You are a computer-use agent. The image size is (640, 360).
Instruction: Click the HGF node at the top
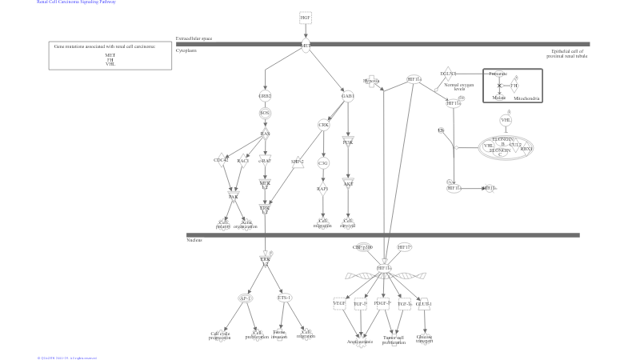(306, 17)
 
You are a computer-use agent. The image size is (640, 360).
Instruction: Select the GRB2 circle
(265, 96)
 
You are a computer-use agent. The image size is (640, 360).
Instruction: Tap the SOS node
(265, 113)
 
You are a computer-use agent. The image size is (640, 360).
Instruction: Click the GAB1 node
(347, 96)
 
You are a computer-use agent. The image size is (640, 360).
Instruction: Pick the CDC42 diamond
(221, 161)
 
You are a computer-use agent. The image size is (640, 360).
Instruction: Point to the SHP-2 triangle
(298, 162)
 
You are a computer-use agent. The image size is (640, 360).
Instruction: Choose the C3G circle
(323, 163)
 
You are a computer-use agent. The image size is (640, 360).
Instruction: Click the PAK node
(234, 196)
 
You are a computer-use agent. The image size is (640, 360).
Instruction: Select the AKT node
(348, 183)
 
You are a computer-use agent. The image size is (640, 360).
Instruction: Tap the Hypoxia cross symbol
(371, 81)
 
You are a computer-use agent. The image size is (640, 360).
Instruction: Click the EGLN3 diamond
(448, 74)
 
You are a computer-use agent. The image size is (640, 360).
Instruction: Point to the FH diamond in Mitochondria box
(514, 85)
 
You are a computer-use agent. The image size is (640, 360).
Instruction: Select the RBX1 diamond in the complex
(526, 149)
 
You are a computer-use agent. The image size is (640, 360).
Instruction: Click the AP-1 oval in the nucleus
(246, 298)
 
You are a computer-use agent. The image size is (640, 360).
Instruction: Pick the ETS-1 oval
(284, 298)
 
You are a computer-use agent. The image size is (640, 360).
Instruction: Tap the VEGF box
(339, 304)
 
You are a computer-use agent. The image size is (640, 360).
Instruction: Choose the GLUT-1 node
(425, 304)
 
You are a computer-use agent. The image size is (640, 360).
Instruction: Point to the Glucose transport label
(425, 338)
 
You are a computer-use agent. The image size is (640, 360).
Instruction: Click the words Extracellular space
(194, 38)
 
